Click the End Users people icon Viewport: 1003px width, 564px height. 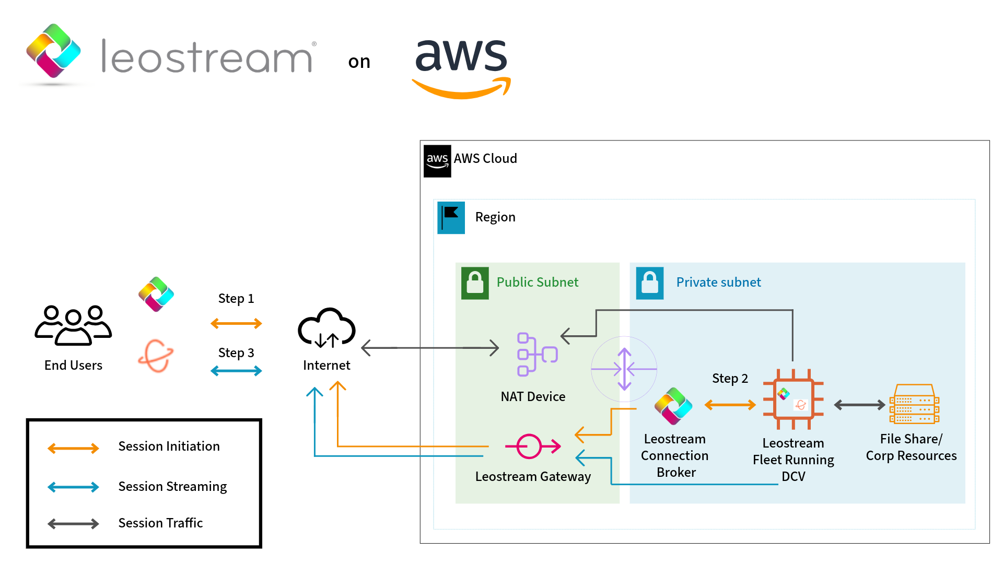click(x=73, y=326)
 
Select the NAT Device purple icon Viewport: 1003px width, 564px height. click(x=537, y=354)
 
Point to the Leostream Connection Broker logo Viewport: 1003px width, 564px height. click(x=673, y=406)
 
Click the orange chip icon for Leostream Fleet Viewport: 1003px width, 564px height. click(x=793, y=399)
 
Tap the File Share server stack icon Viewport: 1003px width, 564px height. click(x=914, y=404)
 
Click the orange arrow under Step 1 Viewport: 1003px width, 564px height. click(x=236, y=324)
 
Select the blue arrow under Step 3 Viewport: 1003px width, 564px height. click(x=236, y=371)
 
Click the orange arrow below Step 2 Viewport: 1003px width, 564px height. click(x=730, y=405)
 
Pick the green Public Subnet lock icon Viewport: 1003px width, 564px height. click(x=475, y=283)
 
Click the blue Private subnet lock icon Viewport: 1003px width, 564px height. click(x=649, y=283)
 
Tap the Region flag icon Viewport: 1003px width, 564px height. click(x=451, y=218)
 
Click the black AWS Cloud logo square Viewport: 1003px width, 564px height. click(x=437, y=161)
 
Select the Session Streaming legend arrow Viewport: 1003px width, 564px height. click(x=73, y=487)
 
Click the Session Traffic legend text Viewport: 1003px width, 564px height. click(x=160, y=523)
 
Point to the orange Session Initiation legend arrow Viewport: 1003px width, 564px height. click(x=73, y=448)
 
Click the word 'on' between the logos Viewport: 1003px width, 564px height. click(x=359, y=62)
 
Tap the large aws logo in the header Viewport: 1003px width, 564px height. click(x=461, y=65)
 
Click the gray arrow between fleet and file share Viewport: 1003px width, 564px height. click(x=859, y=405)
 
